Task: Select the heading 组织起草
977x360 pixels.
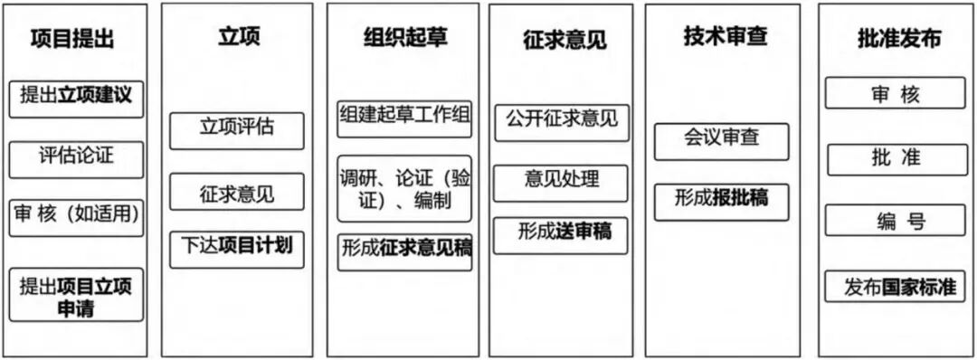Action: (404, 37)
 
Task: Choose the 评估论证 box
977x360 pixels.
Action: (76, 156)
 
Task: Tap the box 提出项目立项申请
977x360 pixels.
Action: (76, 295)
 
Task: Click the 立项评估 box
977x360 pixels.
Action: (236, 128)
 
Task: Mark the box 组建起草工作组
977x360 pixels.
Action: (404, 117)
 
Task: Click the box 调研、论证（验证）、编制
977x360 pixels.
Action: (404, 188)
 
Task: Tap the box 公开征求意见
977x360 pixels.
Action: (562, 120)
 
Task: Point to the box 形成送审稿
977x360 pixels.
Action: (562, 233)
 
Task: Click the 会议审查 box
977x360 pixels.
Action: (722, 139)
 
